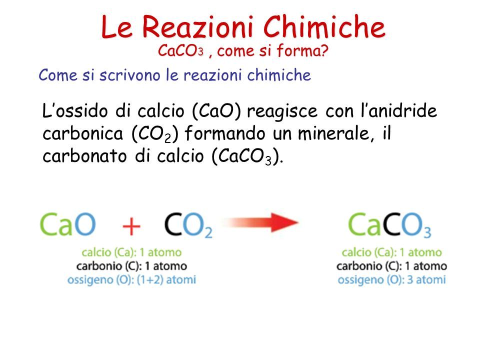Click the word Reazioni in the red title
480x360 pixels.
pos(197,27)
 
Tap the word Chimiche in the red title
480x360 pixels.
pos(324,27)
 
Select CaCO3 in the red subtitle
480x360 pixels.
pos(180,51)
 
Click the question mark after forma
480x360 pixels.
pos(324,50)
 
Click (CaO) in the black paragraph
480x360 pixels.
pos(216,111)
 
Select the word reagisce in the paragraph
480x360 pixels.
pos(282,111)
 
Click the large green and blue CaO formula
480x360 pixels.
pos(67,224)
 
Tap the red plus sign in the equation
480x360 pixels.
pos(131,226)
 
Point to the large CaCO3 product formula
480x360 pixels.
pos(389,225)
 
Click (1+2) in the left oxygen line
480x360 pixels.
pos(150,280)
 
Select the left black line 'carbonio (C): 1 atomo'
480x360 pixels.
pos(131,266)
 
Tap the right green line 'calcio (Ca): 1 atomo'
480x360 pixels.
pos(392,252)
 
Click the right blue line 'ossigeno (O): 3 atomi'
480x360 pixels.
pos(392,280)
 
